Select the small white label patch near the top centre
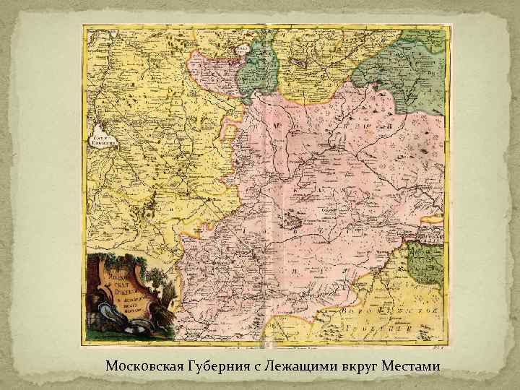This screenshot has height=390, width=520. point(245,44)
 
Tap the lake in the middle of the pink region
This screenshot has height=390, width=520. point(295,217)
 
